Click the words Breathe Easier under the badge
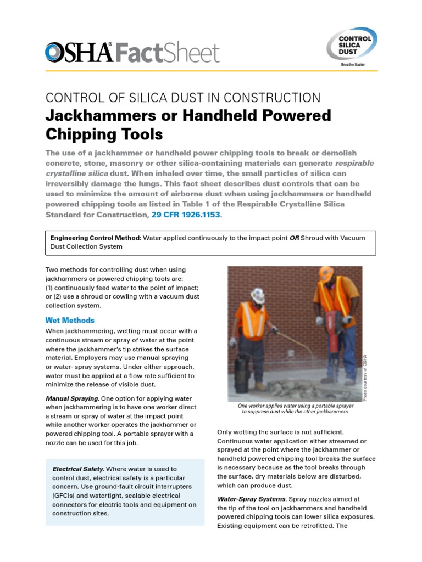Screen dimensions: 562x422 pyautogui.click(x=352, y=64)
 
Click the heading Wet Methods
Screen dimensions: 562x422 pyautogui.click(x=70, y=320)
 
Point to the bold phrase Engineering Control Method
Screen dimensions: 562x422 pyautogui.click(x=95, y=238)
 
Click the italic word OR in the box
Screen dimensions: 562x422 pyautogui.click(x=295, y=238)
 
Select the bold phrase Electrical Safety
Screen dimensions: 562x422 pyautogui.click(x=78, y=469)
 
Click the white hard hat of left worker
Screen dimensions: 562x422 pyautogui.click(x=258, y=295)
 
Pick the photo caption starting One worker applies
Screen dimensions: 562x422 pyautogui.click(x=295, y=408)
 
